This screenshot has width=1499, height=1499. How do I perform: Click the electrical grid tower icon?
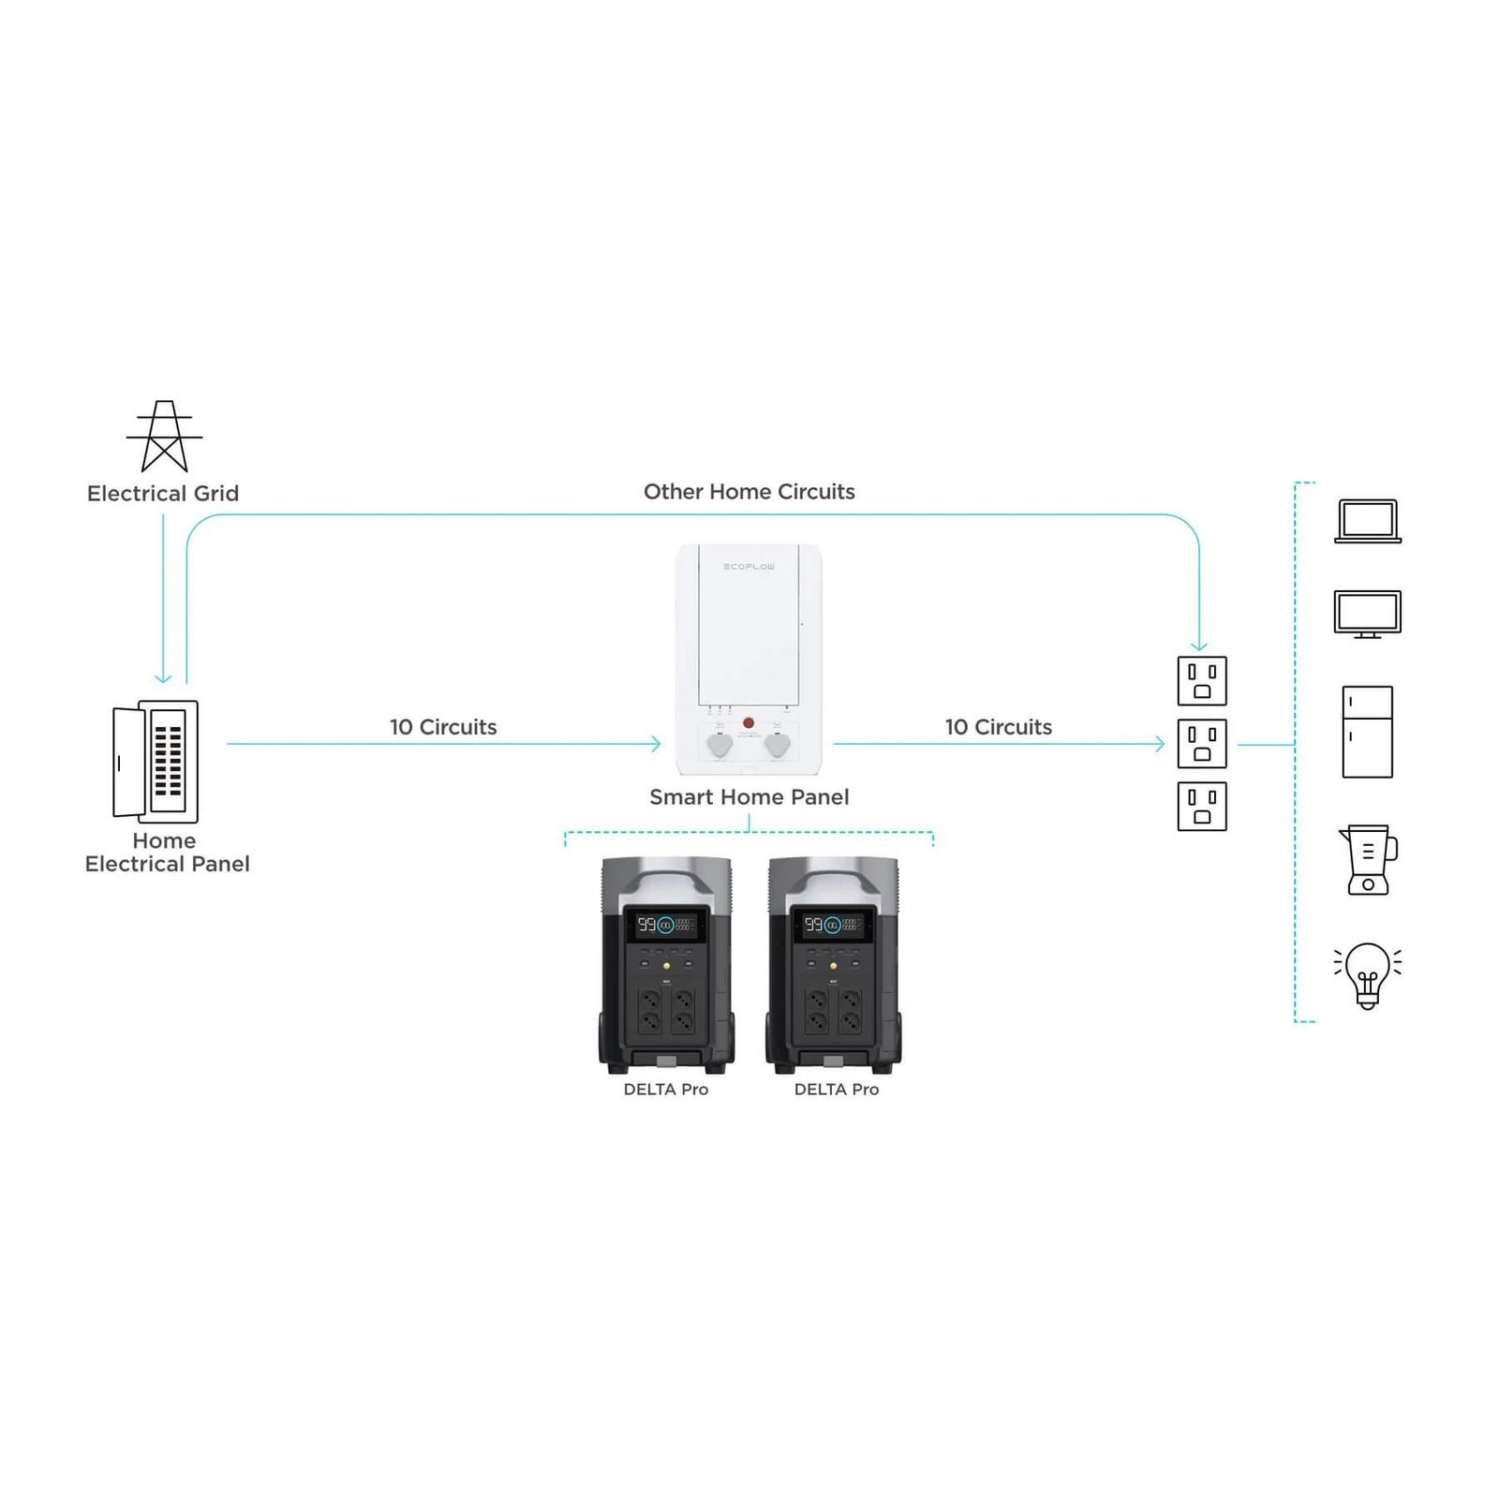point(164,437)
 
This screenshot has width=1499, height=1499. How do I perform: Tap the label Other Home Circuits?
point(749,492)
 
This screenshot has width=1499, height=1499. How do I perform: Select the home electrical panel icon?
point(156,762)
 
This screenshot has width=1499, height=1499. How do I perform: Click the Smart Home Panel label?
point(749,797)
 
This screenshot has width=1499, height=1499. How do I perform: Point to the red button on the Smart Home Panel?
point(748,722)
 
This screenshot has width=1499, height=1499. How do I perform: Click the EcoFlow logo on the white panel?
point(749,567)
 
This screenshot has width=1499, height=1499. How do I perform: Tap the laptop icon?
point(1367,521)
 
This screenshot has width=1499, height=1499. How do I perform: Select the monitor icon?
point(1367,615)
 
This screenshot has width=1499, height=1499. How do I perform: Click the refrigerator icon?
point(1367,732)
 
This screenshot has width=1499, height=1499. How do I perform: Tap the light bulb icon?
point(1367,975)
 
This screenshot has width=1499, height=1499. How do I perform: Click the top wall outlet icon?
point(1201,681)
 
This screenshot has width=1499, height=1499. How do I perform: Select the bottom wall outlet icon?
point(1201,807)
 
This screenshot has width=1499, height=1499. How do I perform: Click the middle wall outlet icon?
point(1201,744)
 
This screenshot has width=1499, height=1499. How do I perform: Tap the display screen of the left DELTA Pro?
point(666,925)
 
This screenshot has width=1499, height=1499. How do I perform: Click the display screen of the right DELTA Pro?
point(833,925)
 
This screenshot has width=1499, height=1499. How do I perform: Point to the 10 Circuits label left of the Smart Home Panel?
point(443,727)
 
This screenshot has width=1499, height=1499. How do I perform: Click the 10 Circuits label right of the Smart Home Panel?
point(998,727)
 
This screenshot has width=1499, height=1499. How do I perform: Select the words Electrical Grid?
point(163,494)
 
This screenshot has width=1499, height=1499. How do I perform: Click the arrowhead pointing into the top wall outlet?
point(1198,646)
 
